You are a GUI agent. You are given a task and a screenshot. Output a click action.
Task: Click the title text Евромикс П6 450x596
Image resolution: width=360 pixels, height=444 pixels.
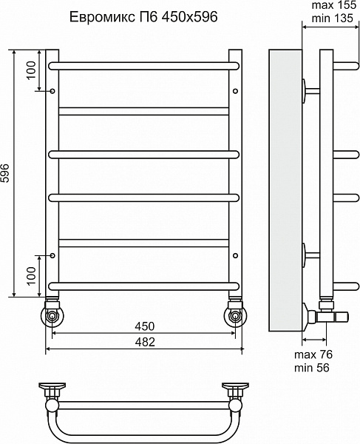[x=143, y=17]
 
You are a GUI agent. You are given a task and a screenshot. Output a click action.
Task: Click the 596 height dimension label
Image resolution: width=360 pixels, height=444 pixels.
[x=7, y=173]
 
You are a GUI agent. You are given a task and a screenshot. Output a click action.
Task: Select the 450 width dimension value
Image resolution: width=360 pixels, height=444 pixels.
[x=144, y=326]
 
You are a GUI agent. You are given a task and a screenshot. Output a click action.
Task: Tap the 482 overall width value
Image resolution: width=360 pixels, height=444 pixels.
[x=144, y=342]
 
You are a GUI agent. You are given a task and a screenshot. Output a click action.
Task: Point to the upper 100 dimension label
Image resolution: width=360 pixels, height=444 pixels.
[x=32, y=70]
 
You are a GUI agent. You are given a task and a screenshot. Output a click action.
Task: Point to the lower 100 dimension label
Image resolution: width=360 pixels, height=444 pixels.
[x=32, y=275]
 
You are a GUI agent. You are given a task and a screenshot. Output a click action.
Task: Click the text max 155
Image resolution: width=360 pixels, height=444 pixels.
[x=333, y=5]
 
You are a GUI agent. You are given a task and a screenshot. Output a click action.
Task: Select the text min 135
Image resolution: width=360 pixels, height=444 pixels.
[x=333, y=18]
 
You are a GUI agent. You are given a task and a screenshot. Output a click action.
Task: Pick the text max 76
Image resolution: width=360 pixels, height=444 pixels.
[x=313, y=354]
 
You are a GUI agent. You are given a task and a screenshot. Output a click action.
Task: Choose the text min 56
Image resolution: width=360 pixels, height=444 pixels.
[x=312, y=368]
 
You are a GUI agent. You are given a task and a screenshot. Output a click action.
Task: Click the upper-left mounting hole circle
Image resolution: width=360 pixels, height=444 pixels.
[x=52, y=91]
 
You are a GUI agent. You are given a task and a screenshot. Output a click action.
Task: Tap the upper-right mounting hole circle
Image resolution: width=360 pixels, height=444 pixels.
[x=235, y=91]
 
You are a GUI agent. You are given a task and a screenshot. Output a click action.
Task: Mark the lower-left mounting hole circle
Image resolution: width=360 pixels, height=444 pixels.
[x=52, y=255]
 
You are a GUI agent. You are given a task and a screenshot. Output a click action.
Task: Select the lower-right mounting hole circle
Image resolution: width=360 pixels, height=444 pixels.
[x=235, y=255]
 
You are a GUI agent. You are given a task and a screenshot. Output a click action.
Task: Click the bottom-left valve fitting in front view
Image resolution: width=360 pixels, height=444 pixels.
[x=52, y=312]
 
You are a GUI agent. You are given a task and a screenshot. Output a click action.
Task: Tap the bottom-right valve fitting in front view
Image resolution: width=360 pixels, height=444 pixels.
[x=235, y=312]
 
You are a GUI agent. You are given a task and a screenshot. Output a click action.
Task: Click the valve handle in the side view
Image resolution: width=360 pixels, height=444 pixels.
[x=342, y=317]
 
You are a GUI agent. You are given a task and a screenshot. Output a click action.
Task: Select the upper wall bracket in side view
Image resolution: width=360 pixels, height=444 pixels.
[x=310, y=91]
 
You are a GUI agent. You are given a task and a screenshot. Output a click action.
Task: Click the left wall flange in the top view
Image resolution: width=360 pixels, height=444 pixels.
[x=52, y=387]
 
